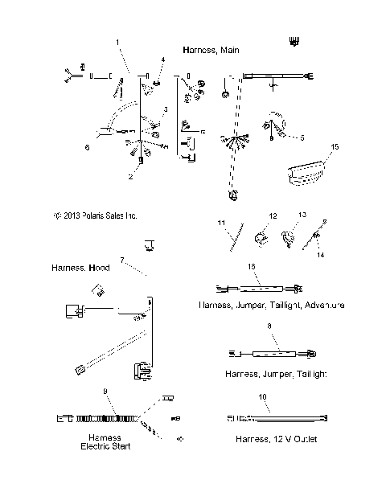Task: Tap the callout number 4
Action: coord(163,59)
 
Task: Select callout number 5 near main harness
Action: coord(302,137)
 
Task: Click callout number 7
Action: coord(122,260)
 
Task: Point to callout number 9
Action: coord(106,392)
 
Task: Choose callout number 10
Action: coord(262,397)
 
